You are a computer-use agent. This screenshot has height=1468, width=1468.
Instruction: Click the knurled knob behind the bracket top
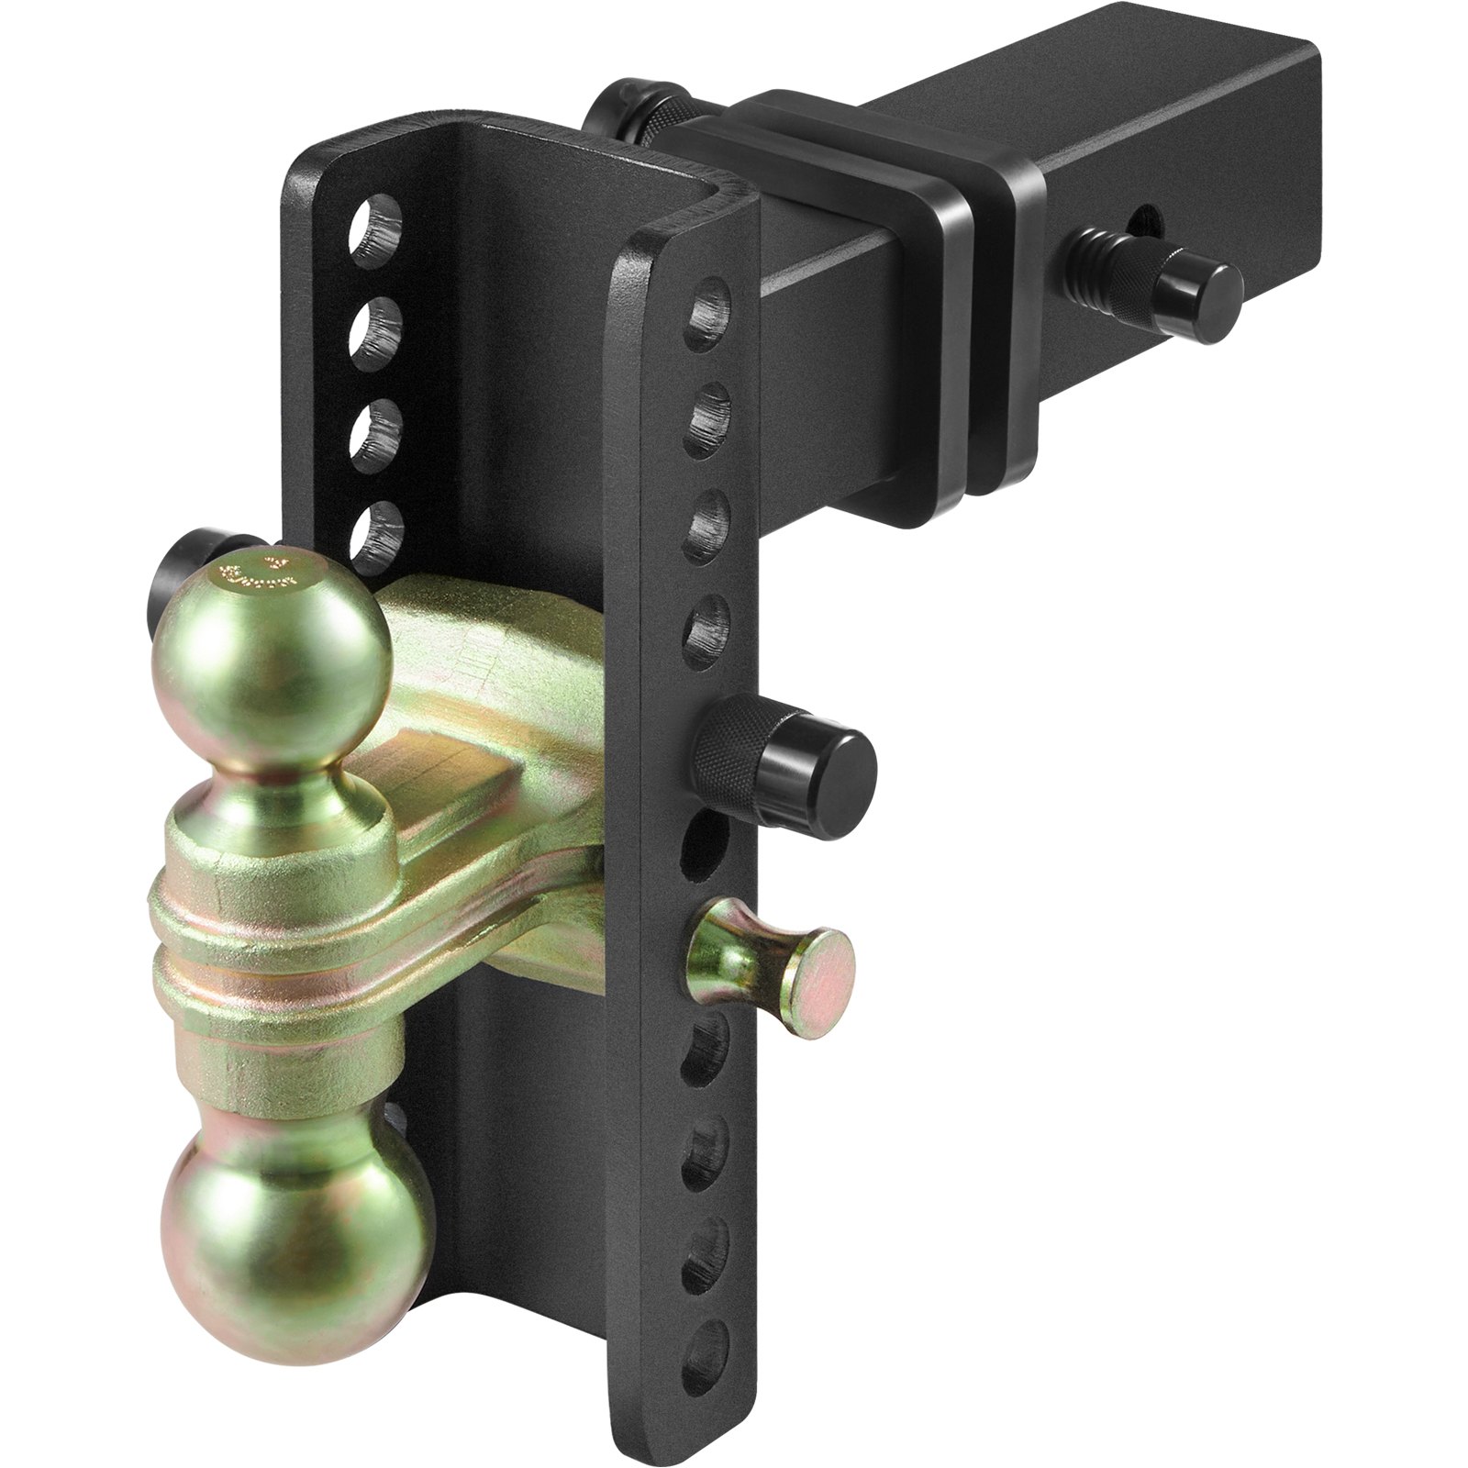click(633, 124)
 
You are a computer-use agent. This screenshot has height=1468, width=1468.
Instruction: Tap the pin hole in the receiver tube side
click(1142, 220)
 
